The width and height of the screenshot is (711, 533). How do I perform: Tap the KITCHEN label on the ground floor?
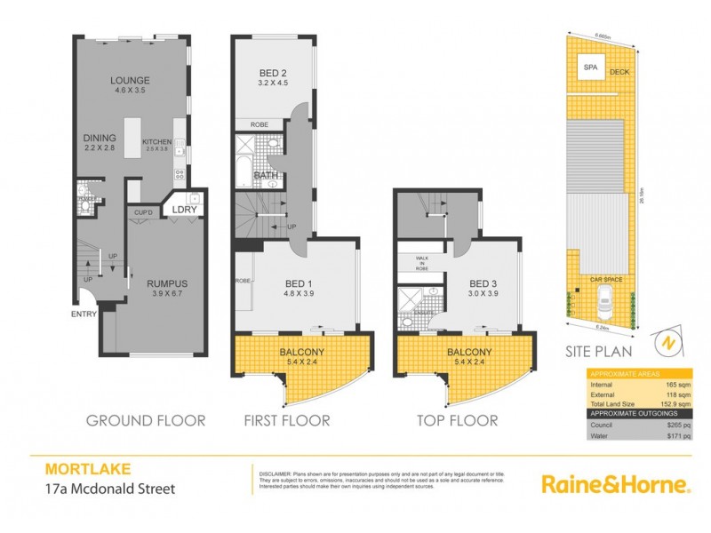point(156,141)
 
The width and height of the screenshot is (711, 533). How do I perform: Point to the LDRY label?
point(185,210)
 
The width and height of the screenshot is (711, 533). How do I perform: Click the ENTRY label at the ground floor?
point(85,314)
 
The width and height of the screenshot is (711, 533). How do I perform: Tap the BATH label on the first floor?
point(267,176)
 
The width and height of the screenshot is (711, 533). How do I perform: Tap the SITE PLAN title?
point(597,351)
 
